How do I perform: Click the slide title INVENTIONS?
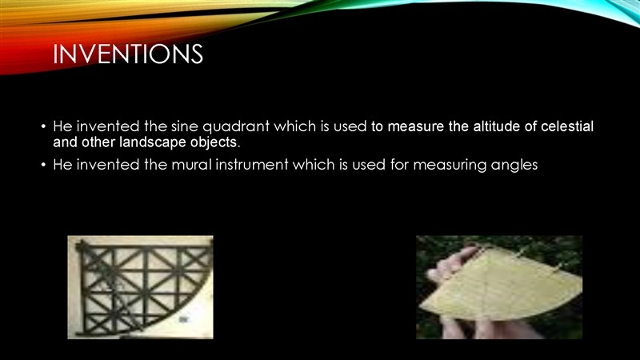(x=128, y=54)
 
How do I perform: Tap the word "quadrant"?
(x=236, y=127)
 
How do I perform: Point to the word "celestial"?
(x=567, y=126)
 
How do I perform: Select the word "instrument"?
(x=252, y=165)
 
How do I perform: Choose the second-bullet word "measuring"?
(x=450, y=166)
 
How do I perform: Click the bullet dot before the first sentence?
(x=43, y=126)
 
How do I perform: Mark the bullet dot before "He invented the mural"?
(x=43, y=165)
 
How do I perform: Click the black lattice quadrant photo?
(x=141, y=287)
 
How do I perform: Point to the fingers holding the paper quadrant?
(x=449, y=266)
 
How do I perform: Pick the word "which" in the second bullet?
(x=306, y=165)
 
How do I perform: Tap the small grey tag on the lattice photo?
(x=184, y=319)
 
